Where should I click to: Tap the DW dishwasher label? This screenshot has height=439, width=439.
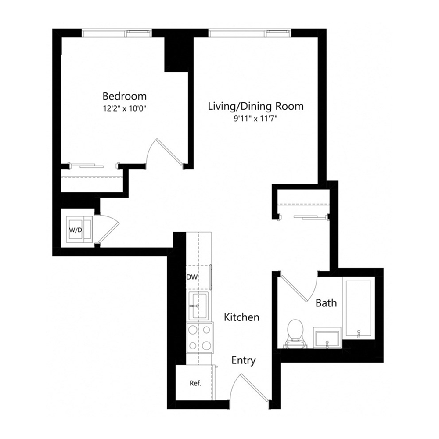191,277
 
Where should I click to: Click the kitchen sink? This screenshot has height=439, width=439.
199,306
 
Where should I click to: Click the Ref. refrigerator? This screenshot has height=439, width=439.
195,383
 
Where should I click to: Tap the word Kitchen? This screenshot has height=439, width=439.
241,317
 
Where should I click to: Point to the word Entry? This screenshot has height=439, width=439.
243,360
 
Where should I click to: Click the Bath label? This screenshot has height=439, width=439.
326,302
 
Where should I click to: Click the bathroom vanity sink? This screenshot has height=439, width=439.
327,338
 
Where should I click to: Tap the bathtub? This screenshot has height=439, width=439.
358,307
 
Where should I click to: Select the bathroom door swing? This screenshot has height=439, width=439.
299,290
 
